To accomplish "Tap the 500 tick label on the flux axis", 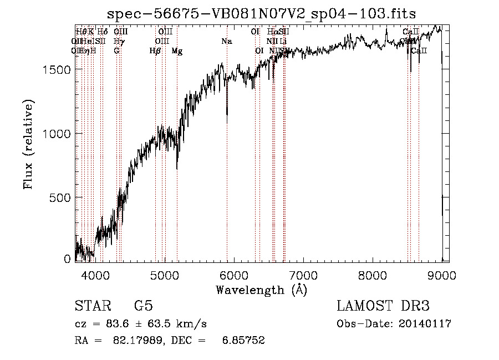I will [x=60, y=197].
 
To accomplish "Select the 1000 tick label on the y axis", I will [x=57, y=133].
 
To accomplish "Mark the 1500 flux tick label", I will [x=57, y=69].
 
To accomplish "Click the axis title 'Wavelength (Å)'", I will [x=261, y=290].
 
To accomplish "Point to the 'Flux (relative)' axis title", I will [x=28, y=144].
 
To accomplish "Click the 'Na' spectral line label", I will [x=226, y=42].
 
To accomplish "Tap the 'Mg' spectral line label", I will [x=177, y=51].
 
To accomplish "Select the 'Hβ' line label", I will [x=155, y=51].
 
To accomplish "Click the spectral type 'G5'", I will [x=144, y=306].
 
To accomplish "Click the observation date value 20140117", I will [x=425, y=324].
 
